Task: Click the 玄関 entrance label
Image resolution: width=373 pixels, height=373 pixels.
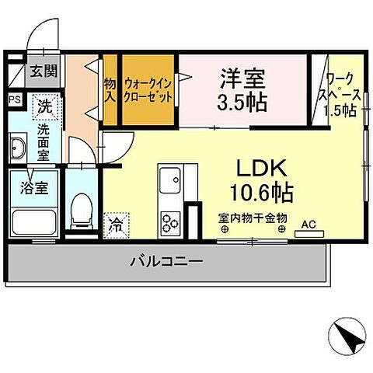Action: [x=44, y=72]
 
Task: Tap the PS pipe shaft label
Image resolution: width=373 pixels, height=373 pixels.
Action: [x=15, y=99]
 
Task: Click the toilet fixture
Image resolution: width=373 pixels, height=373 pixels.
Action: [x=80, y=211]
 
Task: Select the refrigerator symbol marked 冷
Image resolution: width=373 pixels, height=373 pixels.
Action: [x=115, y=226]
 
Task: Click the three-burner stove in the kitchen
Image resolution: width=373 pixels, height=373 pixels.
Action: [x=169, y=221]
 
